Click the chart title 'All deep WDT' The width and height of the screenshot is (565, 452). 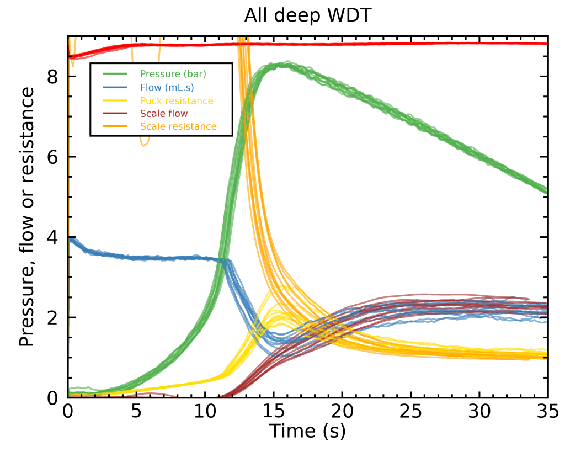point(308,17)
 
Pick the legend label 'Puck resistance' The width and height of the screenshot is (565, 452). point(177,100)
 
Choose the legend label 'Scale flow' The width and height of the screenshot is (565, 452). point(164,114)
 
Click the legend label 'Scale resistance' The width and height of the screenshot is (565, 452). point(178,127)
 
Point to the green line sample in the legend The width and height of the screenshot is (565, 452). point(114,73)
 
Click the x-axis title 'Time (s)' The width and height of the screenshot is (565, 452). point(307,431)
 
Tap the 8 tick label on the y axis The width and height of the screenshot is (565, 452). point(53,77)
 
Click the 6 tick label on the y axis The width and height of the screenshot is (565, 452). point(53,157)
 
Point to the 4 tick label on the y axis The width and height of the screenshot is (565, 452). point(53,237)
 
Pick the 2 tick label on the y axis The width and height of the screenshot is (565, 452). point(53,318)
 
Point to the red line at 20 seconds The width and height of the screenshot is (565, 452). point(342,44)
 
